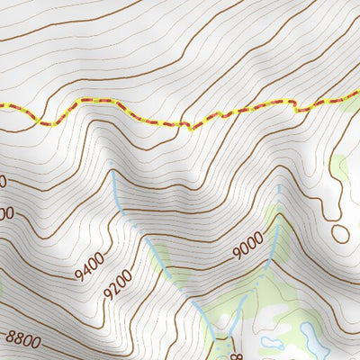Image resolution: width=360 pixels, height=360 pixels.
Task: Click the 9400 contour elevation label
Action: (x=91, y=267)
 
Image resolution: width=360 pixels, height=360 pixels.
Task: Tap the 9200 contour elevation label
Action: (x=116, y=284)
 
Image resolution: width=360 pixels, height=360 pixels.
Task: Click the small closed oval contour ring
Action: (x=339, y=233)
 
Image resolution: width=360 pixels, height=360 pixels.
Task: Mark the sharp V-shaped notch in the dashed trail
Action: (x=189, y=129)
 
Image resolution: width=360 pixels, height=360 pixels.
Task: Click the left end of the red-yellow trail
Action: (x=2, y=106)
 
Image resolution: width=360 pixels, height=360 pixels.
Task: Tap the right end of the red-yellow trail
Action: (x=357, y=96)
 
